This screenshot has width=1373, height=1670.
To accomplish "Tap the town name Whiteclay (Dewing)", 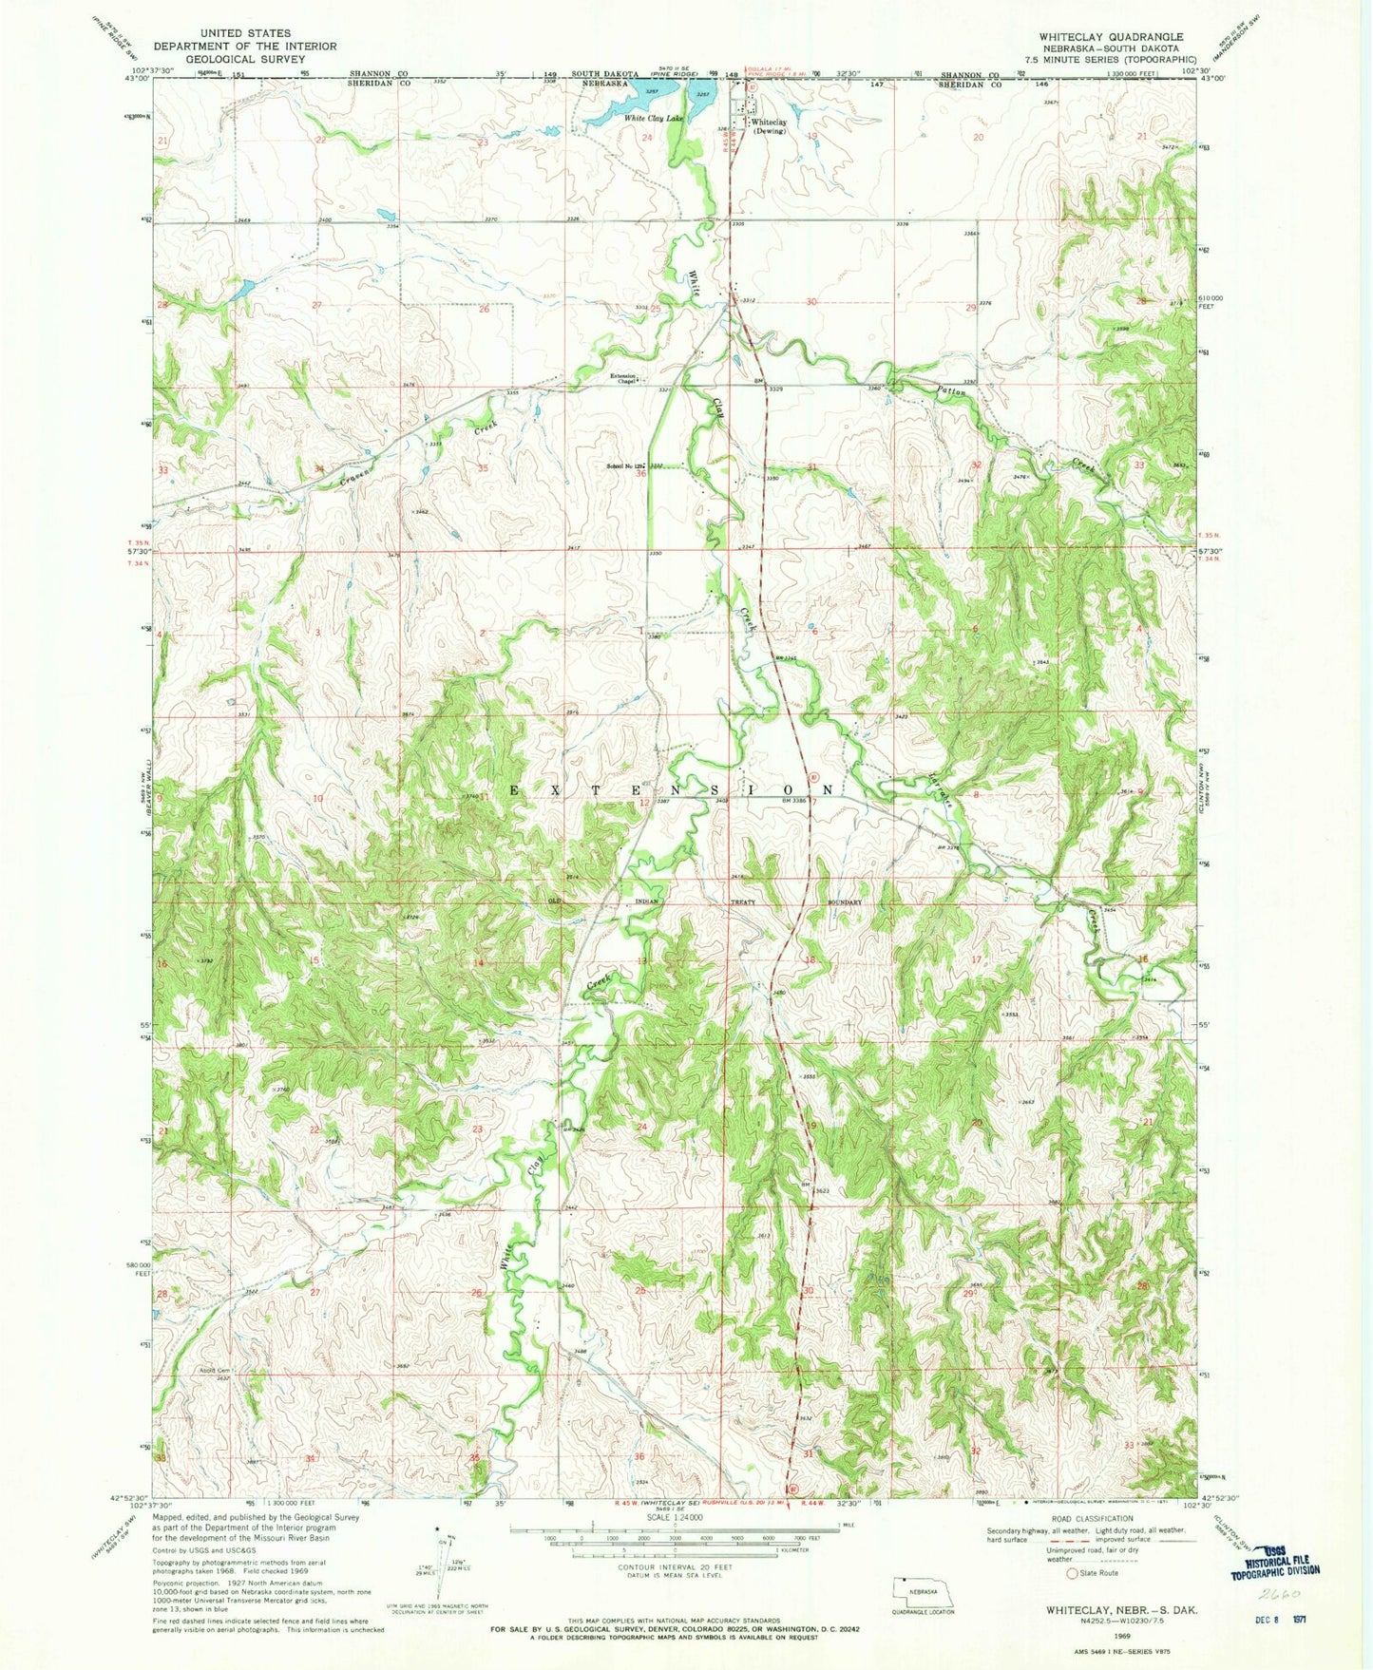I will (x=769, y=126).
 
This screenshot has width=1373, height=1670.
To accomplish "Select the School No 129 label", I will (x=626, y=466).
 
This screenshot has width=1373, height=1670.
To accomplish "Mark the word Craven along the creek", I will (x=358, y=476).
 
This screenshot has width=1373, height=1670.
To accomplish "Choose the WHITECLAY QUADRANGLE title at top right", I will (x=1111, y=37).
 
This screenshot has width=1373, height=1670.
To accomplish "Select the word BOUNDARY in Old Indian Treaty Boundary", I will (x=844, y=901).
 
